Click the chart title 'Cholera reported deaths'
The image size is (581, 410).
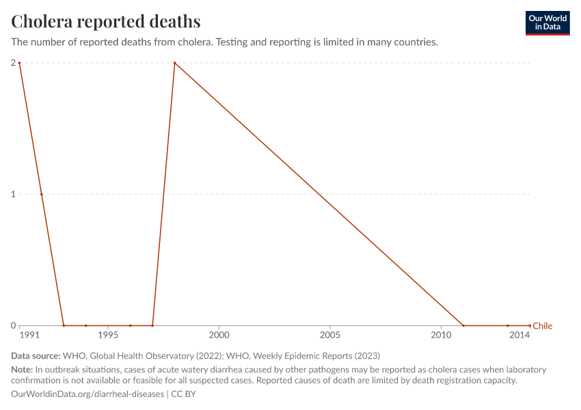click(x=106, y=22)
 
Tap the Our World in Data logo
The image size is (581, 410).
click(x=547, y=23)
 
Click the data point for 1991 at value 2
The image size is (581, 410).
click(x=19, y=63)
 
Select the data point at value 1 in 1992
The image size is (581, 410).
click(x=42, y=194)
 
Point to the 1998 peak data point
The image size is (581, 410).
click(x=175, y=63)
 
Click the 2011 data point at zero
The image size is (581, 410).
click(x=463, y=326)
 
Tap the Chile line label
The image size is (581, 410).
click(x=542, y=326)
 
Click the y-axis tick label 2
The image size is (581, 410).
click(x=13, y=63)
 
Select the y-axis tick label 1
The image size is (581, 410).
click(x=13, y=194)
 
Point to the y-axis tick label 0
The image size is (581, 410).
click(x=13, y=326)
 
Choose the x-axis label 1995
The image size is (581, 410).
click(x=108, y=336)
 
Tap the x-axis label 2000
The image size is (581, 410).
click(x=219, y=336)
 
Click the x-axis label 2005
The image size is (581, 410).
click(x=330, y=336)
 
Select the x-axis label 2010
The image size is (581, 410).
click(x=441, y=336)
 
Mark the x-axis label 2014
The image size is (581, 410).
click(x=520, y=336)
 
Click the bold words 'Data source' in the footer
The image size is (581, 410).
click(x=36, y=356)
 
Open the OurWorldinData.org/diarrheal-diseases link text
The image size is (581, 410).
click(x=87, y=394)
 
